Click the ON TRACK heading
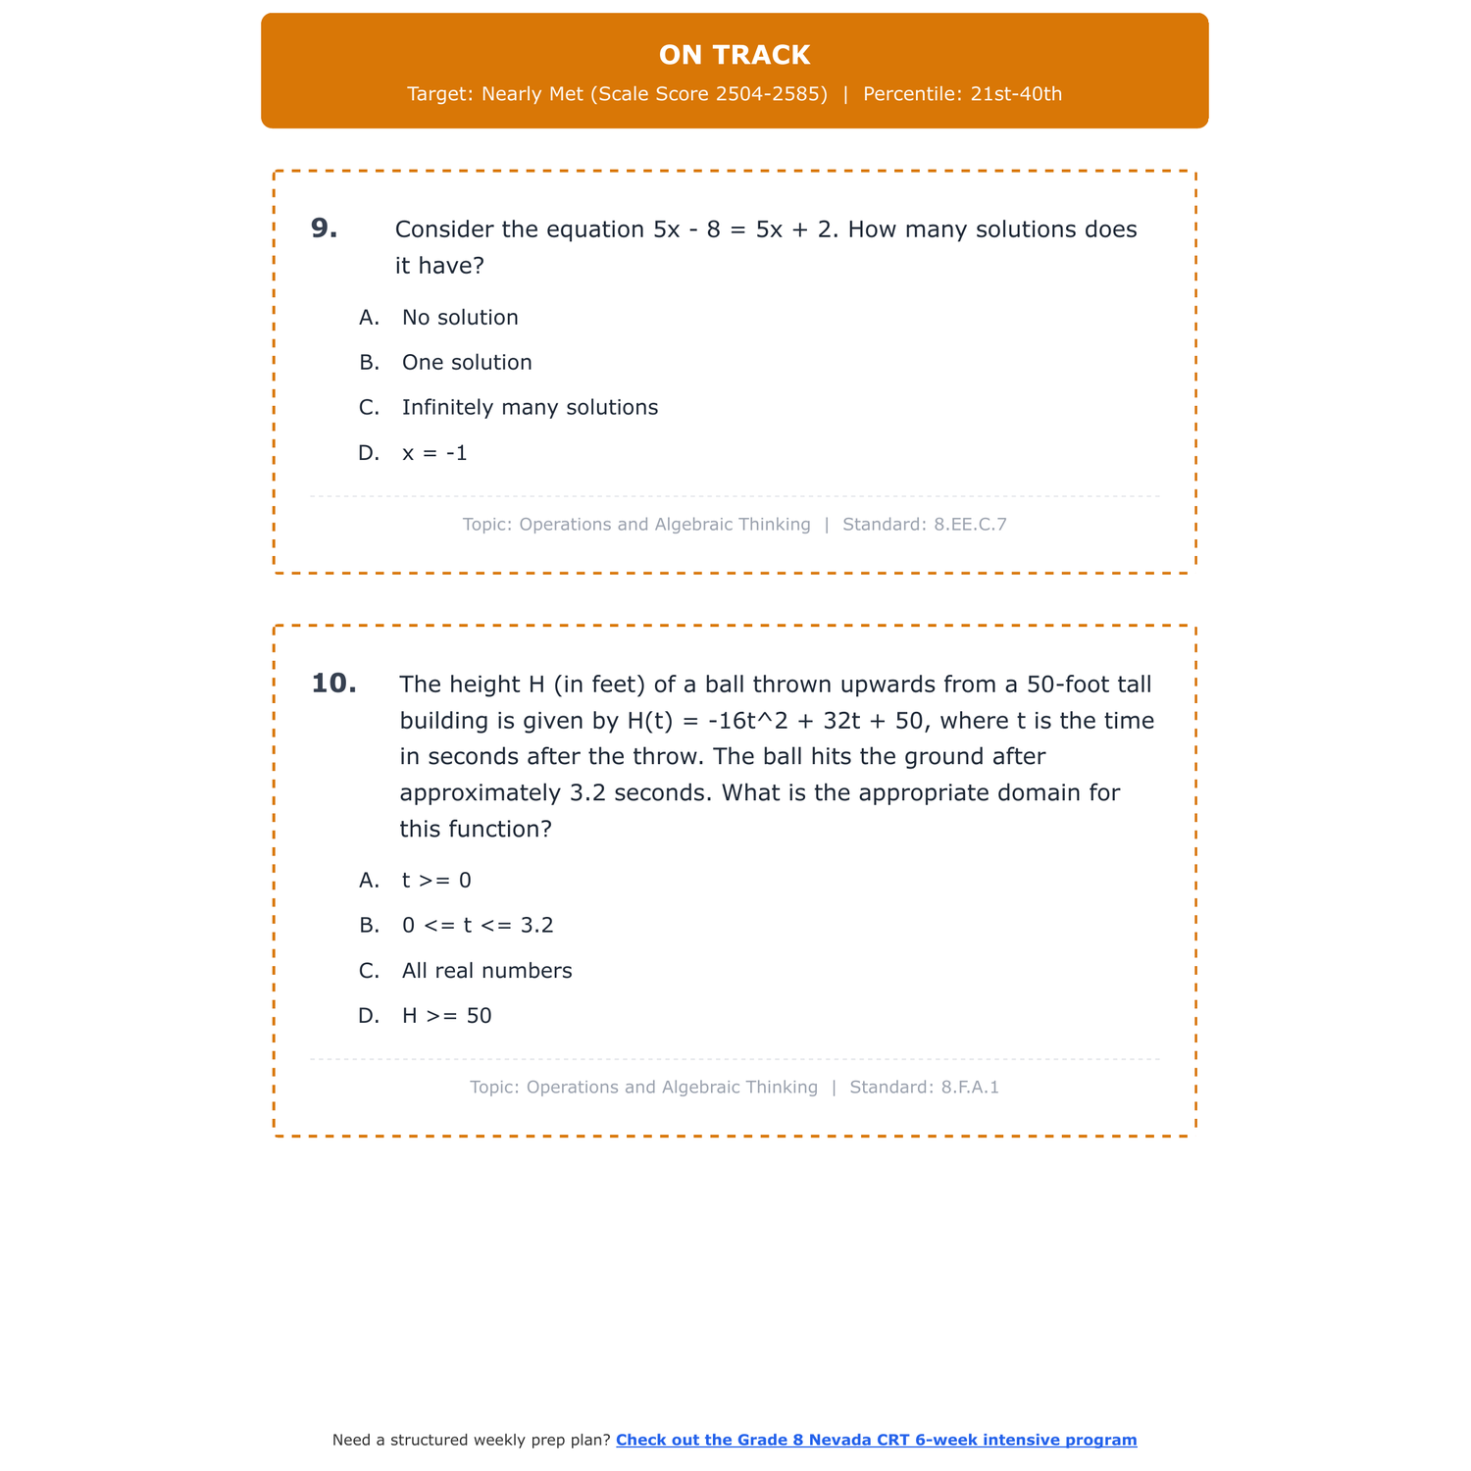pos(735,55)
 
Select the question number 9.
pos(324,228)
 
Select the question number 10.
pos(333,684)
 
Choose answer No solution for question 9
pos(460,318)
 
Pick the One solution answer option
pos(467,363)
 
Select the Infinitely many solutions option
pos(530,408)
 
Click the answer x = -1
pos(434,453)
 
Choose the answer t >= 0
pos(436,881)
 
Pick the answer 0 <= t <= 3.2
pos(478,926)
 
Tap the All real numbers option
pos(486,971)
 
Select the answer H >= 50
pos(446,1016)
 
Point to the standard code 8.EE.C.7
pos(970,525)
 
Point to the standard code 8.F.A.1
pos(970,1088)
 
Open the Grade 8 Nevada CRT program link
pos(876,1440)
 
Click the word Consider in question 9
pos(444,229)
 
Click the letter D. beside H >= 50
pos(369,1016)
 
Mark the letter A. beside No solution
pos(369,318)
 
